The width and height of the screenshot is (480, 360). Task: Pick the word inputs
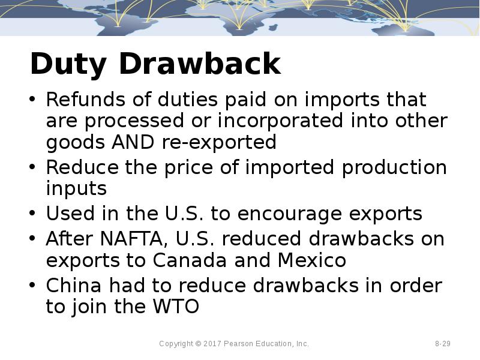(76, 189)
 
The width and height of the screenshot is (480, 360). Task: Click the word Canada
(187, 260)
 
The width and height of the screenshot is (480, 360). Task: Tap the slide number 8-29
(443, 344)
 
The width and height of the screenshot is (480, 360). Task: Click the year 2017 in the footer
(213, 344)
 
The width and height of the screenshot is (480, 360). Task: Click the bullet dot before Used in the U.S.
(33, 214)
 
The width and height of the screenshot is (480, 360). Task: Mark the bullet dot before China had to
(33, 286)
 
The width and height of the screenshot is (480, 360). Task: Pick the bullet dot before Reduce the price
(33, 168)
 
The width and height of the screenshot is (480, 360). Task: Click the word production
(394, 167)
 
